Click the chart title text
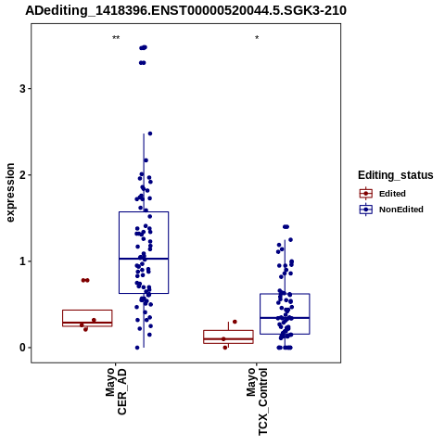click(x=185, y=11)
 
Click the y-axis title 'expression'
click(x=10, y=193)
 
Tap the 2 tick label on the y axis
click(x=22, y=175)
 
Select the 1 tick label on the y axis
click(x=22, y=261)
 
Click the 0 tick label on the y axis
click(x=22, y=348)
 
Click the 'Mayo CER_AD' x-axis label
click(x=116, y=391)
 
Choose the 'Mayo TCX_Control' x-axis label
click(x=257, y=401)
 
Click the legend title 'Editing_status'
click(x=396, y=175)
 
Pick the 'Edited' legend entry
click(x=392, y=194)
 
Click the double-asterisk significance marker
click(x=116, y=38)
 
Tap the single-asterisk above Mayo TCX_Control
click(x=257, y=38)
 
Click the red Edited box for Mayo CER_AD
click(x=87, y=311)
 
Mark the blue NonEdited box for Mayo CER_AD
click(x=144, y=212)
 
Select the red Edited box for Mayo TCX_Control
click(x=228, y=331)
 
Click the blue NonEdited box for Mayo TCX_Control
click(x=285, y=294)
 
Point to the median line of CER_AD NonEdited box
click(x=144, y=259)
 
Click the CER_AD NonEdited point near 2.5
click(x=150, y=133)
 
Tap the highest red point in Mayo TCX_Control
click(x=235, y=322)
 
